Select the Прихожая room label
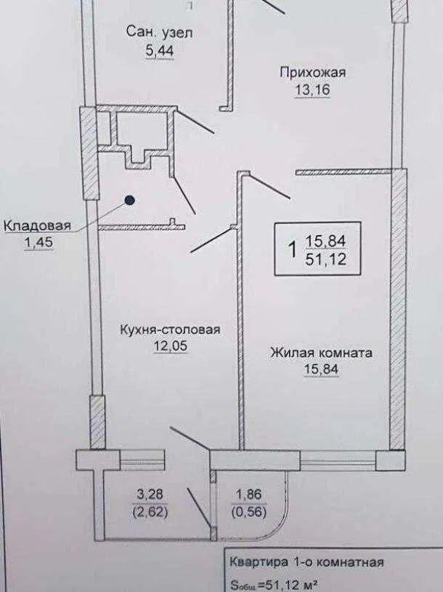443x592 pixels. tap(312, 71)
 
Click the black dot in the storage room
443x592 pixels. tap(129, 199)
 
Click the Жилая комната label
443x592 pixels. tap(321, 353)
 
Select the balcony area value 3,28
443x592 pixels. tap(150, 496)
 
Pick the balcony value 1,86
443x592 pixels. tap(244, 496)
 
